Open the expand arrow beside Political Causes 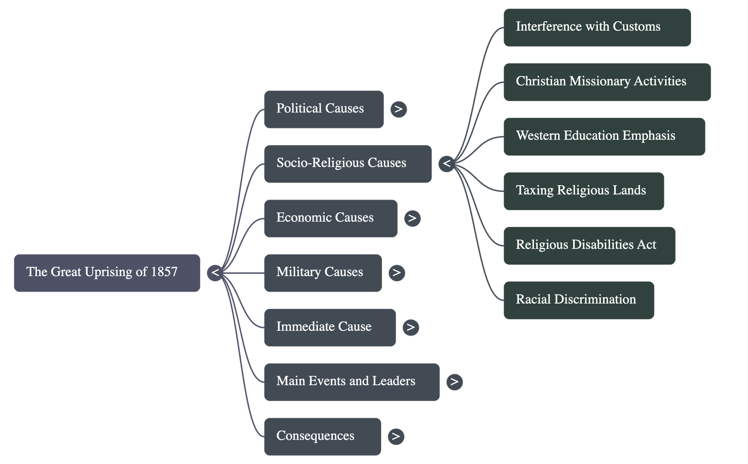coord(398,109)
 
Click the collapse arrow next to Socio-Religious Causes coord(446,164)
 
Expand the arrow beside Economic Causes coord(412,218)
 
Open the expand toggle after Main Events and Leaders coord(454,382)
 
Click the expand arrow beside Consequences coord(396,436)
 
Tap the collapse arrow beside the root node coord(215,273)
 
